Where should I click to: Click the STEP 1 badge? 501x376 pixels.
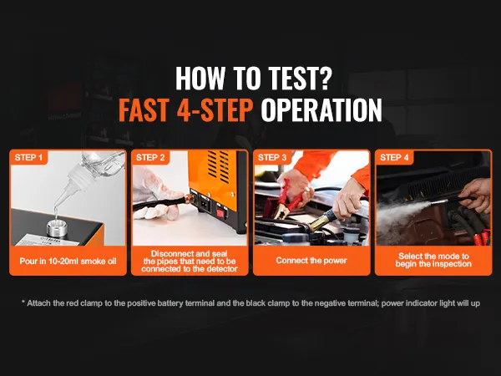(x=28, y=157)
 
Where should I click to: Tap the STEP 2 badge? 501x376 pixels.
(x=150, y=157)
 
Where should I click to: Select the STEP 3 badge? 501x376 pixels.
(x=272, y=157)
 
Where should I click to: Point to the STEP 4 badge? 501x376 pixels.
(x=394, y=157)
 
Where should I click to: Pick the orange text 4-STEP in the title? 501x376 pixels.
(x=215, y=110)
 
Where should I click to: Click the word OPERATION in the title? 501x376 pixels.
(x=321, y=110)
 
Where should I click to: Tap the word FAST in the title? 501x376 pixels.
(x=144, y=110)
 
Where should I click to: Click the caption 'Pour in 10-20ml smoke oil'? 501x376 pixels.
(x=68, y=262)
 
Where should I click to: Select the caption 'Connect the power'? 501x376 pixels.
(x=311, y=261)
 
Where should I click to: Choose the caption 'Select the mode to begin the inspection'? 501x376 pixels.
(x=433, y=260)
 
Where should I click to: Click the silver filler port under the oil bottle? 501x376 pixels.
(x=57, y=227)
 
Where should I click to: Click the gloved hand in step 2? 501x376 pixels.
(x=157, y=194)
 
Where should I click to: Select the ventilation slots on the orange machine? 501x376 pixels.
(x=218, y=166)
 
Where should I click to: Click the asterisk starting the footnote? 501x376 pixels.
(x=23, y=302)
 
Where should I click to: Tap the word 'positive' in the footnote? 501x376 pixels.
(x=139, y=303)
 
